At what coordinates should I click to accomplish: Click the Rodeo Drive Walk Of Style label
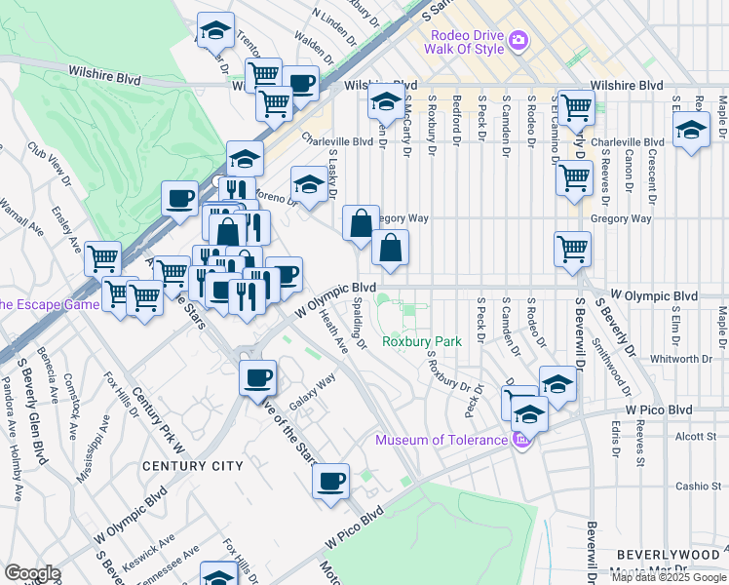click(x=466, y=43)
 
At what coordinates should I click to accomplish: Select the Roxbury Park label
click(x=421, y=342)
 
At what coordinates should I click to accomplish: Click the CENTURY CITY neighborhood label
click(x=193, y=466)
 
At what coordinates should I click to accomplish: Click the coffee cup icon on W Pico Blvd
click(x=331, y=481)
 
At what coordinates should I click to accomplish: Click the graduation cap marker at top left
click(x=216, y=31)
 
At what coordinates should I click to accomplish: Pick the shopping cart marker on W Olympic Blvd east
click(x=572, y=248)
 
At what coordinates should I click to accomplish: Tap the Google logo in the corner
click(x=32, y=572)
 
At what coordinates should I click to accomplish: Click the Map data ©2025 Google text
click(x=668, y=577)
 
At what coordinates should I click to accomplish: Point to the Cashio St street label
click(x=697, y=486)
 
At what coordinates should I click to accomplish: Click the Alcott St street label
click(x=698, y=437)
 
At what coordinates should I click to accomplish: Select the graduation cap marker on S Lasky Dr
click(x=310, y=185)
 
